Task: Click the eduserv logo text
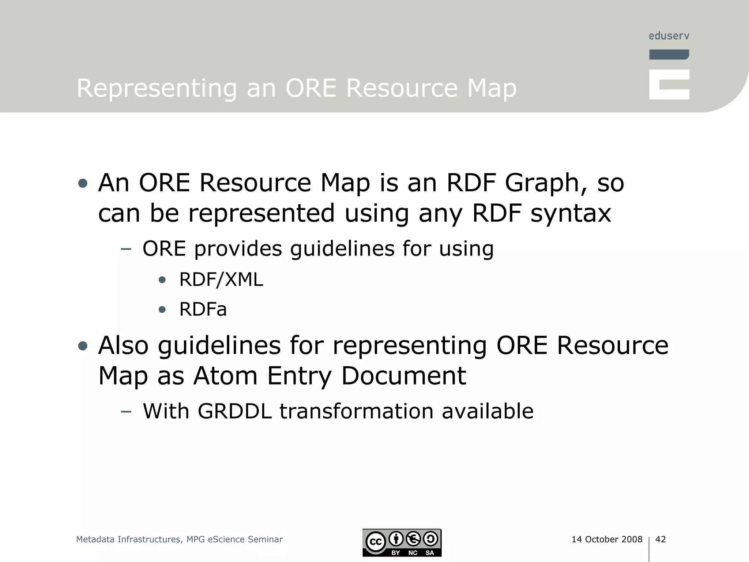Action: pos(669,36)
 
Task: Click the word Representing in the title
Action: pos(157,89)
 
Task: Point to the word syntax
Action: pos(571,213)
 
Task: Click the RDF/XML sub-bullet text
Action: pos(221,280)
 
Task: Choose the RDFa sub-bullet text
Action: pos(203,310)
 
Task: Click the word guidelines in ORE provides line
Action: pos(342,249)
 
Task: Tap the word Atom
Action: pos(225,376)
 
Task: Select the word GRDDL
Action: pos(235,411)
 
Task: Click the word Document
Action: pos(403,376)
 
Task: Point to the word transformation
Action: pos(357,411)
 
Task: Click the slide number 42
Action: pos(660,539)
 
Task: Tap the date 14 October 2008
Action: pos(607,539)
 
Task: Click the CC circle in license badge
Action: pos(376,542)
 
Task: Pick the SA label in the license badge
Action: pos(430,552)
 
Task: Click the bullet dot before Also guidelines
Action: pos(83,346)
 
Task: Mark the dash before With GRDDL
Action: pos(126,412)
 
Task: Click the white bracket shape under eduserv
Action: pos(669,85)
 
